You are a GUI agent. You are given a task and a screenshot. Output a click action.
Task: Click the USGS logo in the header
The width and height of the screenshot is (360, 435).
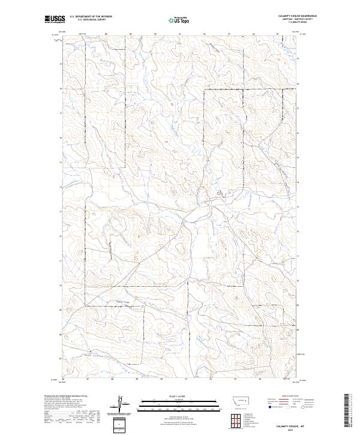pyautogui.click(x=54, y=19)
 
